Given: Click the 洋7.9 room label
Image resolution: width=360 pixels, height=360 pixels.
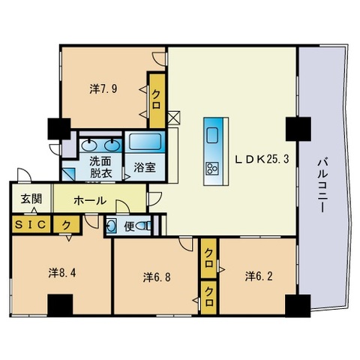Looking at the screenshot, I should click(104, 88).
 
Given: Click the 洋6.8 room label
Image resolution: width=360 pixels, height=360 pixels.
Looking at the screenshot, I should click(157, 277).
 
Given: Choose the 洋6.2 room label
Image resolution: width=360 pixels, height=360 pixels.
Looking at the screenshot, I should click(257, 277).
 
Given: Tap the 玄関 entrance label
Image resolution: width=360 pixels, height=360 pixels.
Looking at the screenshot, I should click(31, 199).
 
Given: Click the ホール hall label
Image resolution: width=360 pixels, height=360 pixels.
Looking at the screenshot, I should click(90, 201).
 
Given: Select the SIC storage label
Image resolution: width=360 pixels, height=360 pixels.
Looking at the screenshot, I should click(28, 224).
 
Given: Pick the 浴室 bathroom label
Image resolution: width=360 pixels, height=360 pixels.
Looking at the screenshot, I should click(145, 167).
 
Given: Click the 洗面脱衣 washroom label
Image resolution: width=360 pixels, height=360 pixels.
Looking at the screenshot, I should click(100, 166).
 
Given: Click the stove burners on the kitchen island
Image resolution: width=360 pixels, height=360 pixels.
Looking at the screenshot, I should click(211, 167).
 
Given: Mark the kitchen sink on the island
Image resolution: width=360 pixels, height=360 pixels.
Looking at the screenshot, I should click(211, 135).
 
